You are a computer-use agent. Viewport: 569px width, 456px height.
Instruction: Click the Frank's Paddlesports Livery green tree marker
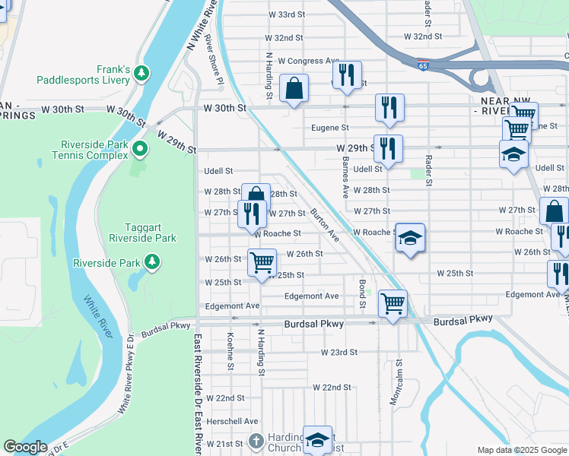(x=141, y=74)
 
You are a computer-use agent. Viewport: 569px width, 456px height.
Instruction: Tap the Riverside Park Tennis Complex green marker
(x=139, y=147)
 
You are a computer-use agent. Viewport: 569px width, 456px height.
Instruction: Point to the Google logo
(x=26, y=447)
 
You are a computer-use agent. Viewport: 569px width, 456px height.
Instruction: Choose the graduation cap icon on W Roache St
(x=409, y=238)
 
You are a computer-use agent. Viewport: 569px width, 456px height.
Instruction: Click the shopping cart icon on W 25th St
(x=262, y=262)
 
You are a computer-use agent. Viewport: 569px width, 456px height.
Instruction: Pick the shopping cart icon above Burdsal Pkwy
(x=393, y=304)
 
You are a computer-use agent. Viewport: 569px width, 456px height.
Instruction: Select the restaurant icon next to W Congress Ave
(x=346, y=75)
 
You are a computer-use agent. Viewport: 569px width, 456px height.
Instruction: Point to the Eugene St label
(x=329, y=128)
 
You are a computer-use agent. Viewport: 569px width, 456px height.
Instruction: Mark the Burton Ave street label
(x=325, y=226)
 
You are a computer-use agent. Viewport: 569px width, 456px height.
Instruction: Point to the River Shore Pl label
(x=218, y=68)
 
